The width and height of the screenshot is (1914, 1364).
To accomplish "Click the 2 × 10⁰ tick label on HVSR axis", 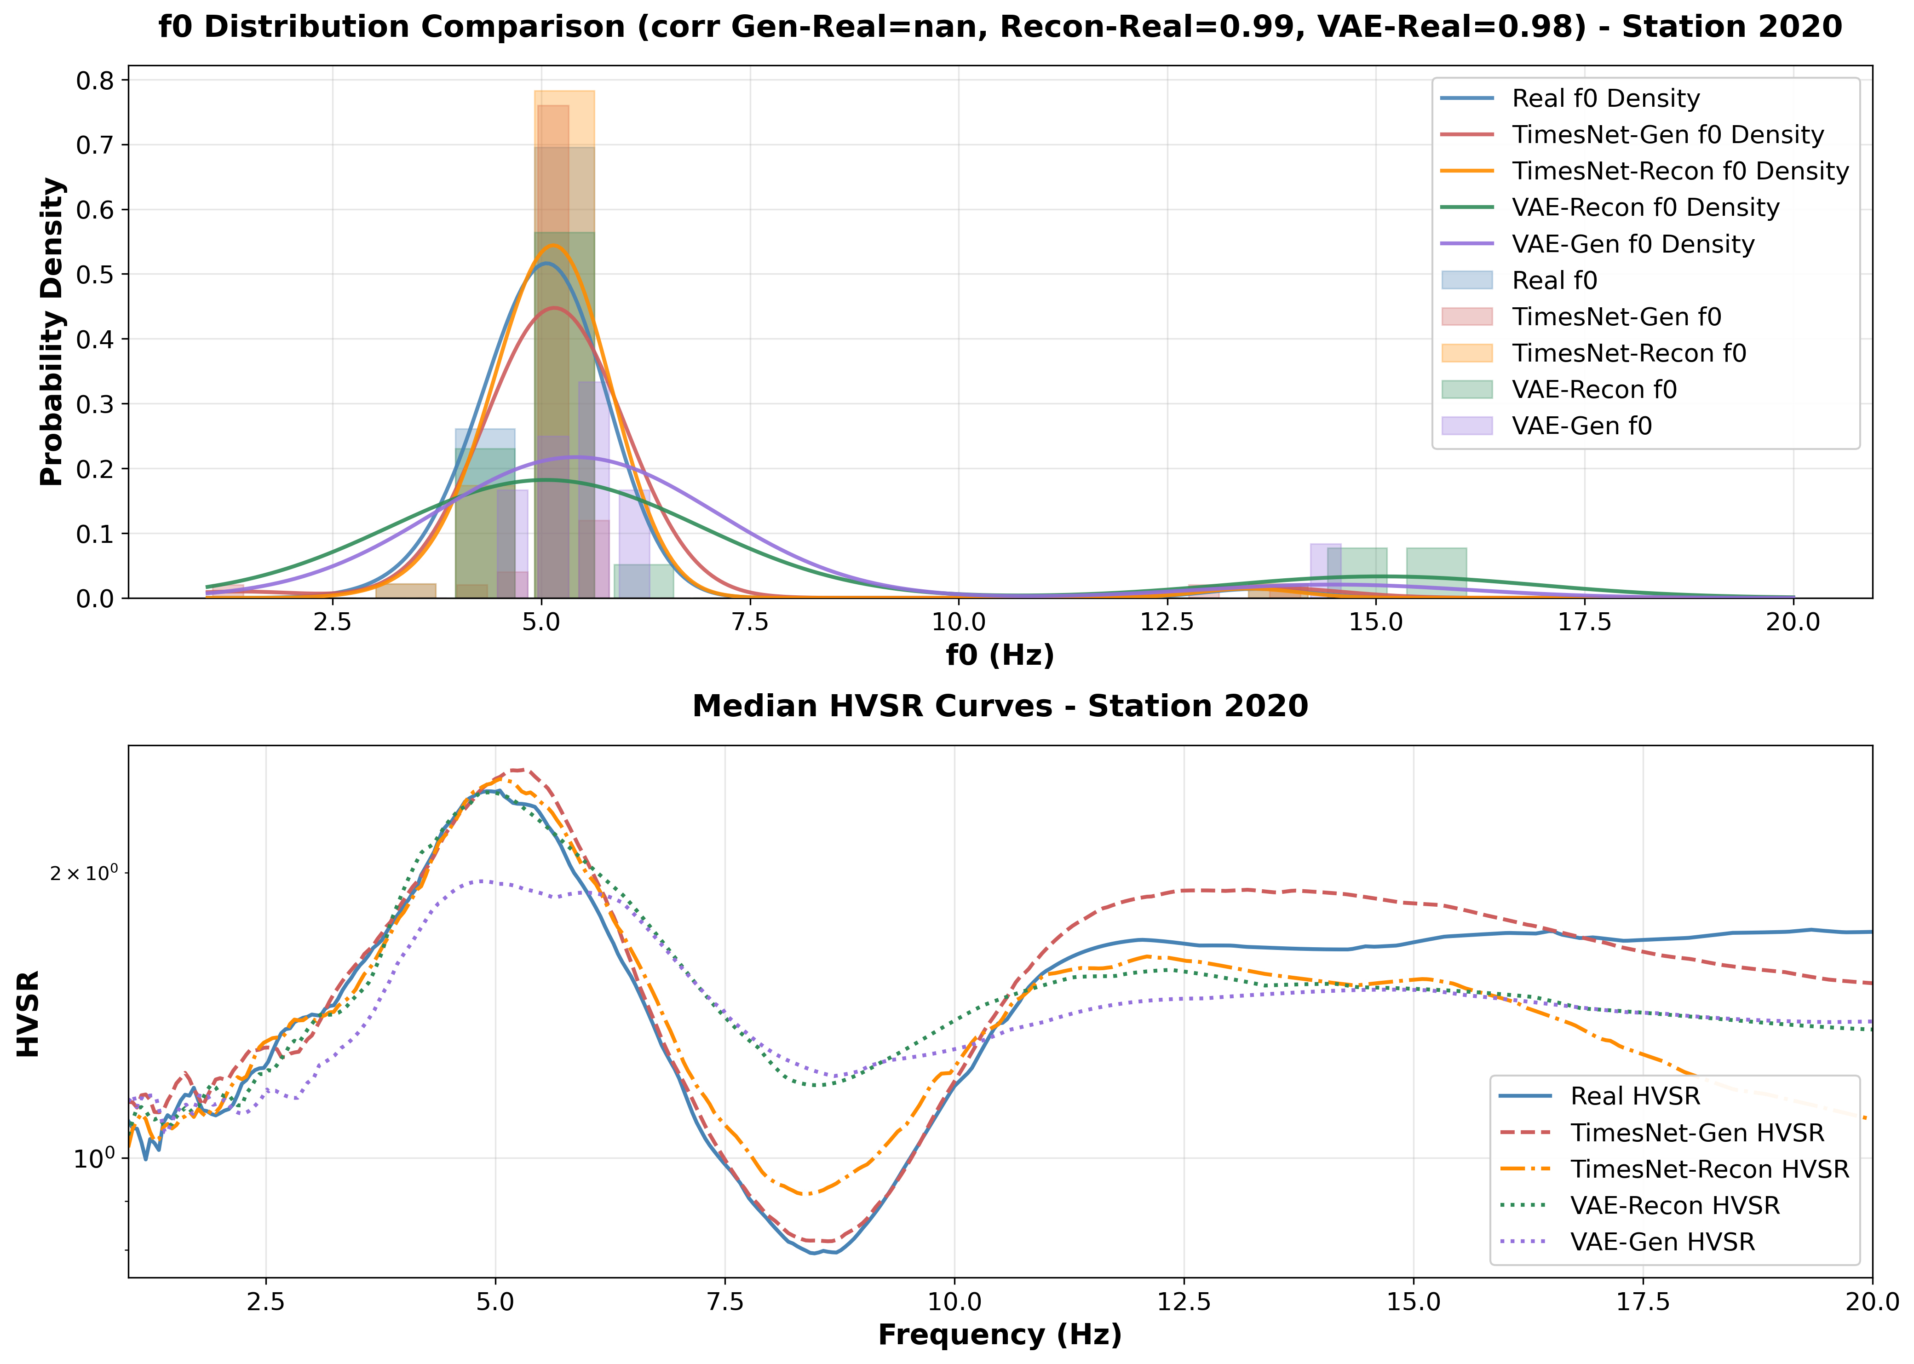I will coord(84,874).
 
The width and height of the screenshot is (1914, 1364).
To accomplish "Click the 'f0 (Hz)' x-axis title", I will coord(1000,654).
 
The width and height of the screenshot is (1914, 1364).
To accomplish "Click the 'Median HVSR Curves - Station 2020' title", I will coord(1000,706).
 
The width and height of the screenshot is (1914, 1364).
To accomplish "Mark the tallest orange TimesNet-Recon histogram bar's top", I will coord(564,92).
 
